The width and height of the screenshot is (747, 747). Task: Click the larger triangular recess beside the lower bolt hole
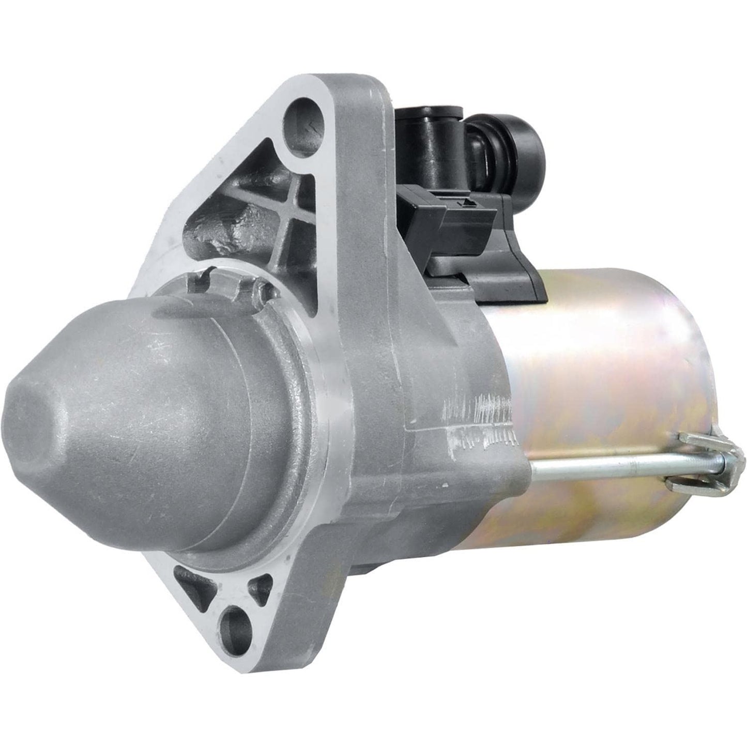coord(195,587)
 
